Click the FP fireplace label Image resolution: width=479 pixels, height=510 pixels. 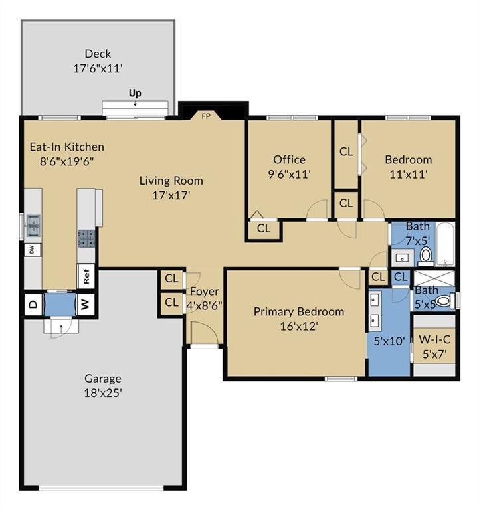coord(206,116)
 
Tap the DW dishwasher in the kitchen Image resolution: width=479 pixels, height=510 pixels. coord(32,250)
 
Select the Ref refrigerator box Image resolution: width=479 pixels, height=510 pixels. coord(86,276)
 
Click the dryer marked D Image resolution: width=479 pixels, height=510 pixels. coord(33,304)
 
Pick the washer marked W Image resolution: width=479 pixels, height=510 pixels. coord(85,304)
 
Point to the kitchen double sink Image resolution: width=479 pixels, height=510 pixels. coord(33,225)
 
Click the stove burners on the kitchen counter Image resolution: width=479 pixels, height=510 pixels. coord(86,238)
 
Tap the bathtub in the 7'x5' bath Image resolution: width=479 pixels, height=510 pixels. coord(445,244)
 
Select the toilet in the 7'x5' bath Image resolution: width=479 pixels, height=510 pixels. coord(425,255)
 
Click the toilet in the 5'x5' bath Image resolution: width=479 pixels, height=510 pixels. coord(444,301)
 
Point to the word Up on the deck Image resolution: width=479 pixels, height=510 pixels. coord(135,94)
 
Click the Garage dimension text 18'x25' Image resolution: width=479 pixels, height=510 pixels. coord(103,393)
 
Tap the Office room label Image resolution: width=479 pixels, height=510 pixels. coord(289,159)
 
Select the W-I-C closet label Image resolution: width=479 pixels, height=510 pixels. coord(434,339)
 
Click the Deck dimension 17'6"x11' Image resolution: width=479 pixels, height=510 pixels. coord(98,68)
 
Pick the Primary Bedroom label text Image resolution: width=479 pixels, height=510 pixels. coord(299,311)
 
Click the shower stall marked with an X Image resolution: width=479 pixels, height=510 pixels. coord(434,278)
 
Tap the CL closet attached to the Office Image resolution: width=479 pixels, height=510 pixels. coord(264,228)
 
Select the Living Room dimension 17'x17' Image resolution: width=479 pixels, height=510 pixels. coord(171,195)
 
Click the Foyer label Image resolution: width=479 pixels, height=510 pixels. coord(205,292)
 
